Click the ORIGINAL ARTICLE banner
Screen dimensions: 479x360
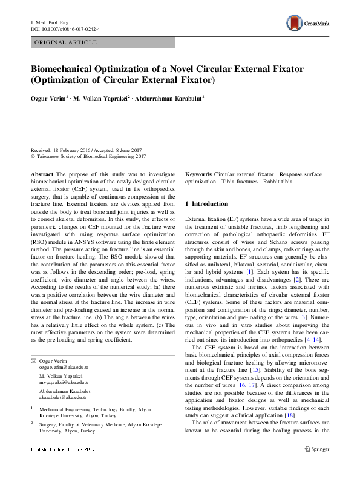click(67, 42)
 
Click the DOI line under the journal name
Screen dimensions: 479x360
click(65, 28)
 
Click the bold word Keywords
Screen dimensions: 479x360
click(198, 174)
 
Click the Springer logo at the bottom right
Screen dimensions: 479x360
click(316, 449)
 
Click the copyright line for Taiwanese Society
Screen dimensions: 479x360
click(88, 156)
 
